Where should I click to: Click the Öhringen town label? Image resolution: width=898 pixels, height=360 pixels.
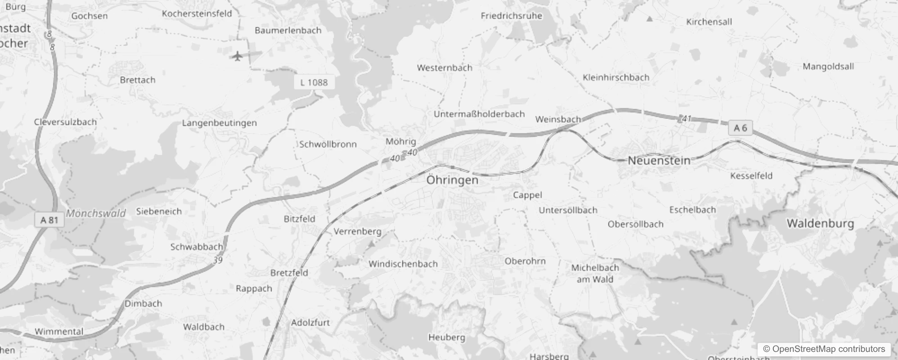click(452, 180)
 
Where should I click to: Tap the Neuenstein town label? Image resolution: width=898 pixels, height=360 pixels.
click(659, 161)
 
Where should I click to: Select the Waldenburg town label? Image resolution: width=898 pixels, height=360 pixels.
click(820, 224)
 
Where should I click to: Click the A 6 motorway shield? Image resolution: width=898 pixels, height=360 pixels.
click(740, 128)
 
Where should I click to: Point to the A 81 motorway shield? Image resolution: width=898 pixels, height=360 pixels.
click(49, 220)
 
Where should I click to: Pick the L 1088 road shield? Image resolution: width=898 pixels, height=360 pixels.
click(314, 82)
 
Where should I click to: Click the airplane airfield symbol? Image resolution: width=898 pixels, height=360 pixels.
click(237, 56)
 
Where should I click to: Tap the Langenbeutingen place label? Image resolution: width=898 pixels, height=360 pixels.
click(219, 123)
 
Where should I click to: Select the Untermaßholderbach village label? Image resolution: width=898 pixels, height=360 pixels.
click(479, 114)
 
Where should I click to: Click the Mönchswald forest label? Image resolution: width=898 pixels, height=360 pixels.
click(96, 213)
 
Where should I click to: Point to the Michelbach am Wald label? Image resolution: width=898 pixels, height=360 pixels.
click(595, 273)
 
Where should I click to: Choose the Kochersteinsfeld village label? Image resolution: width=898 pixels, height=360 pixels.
click(197, 13)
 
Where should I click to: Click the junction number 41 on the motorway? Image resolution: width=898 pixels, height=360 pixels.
click(686, 119)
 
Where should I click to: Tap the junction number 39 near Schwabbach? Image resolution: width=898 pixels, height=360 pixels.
click(218, 260)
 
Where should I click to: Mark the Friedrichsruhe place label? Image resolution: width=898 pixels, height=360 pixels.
click(511, 16)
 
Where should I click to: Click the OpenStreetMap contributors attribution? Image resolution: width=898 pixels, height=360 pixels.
click(824, 349)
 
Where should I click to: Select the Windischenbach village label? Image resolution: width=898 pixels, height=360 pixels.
click(403, 264)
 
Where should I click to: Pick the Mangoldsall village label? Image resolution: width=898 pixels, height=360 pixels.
click(828, 67)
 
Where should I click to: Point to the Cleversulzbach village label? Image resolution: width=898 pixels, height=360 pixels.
click(65, 122)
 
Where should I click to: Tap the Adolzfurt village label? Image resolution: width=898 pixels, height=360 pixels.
click(310, 323)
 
